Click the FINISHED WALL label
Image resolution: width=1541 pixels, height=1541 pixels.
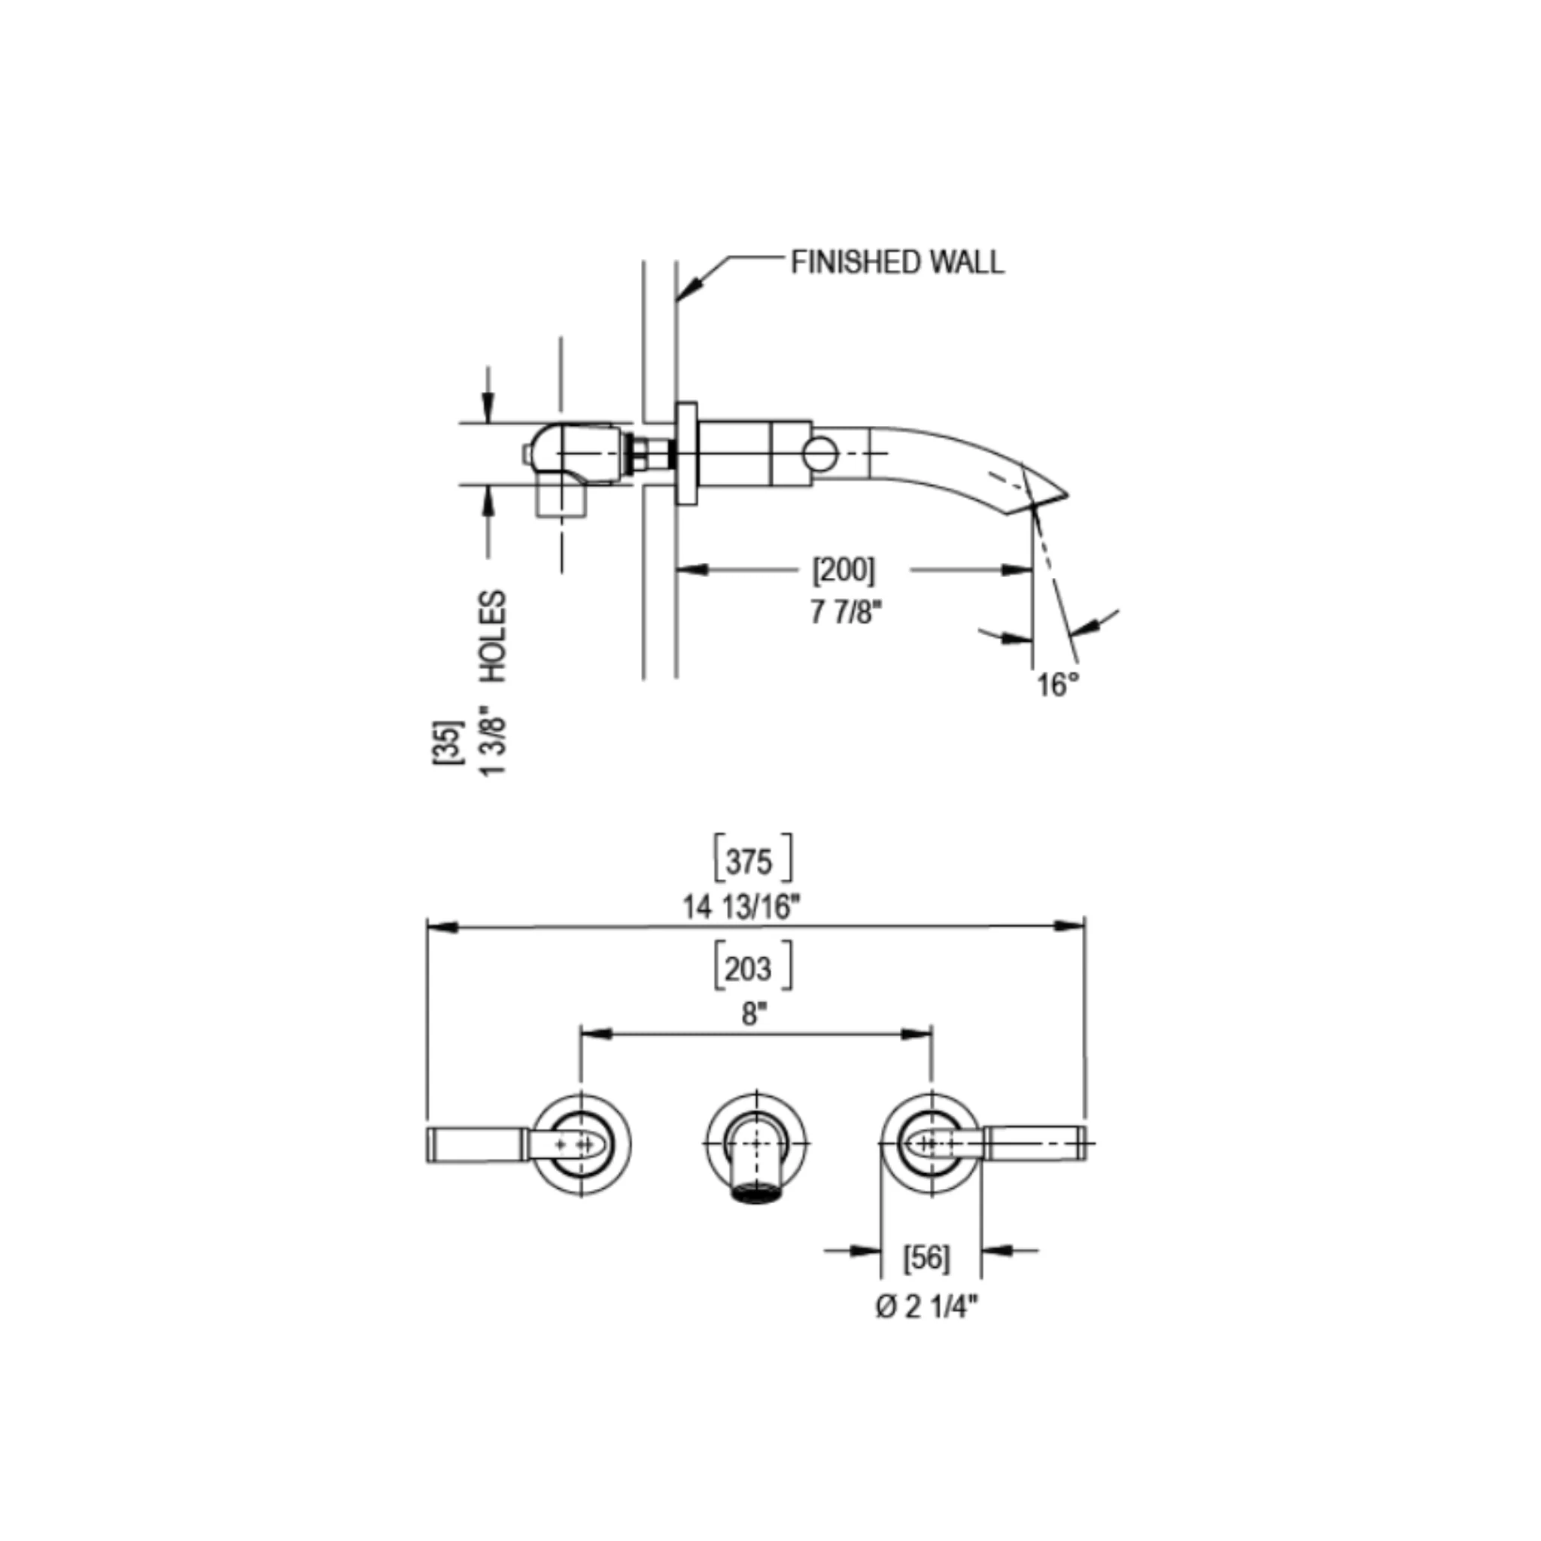coord(898,262)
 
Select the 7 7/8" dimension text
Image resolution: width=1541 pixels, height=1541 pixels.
coord(846,612)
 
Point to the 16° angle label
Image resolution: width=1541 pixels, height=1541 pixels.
coord(1058,685)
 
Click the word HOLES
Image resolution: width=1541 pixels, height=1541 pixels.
coord(494,636)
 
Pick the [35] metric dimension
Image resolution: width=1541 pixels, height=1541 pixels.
coord(448,743)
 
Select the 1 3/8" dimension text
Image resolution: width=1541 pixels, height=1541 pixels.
coord(493,740)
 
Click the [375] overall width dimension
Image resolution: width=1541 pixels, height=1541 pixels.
coord(752,862)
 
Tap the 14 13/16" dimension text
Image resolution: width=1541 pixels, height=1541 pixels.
coord(740,907)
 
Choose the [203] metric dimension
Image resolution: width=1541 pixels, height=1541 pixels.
coord(752,968)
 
